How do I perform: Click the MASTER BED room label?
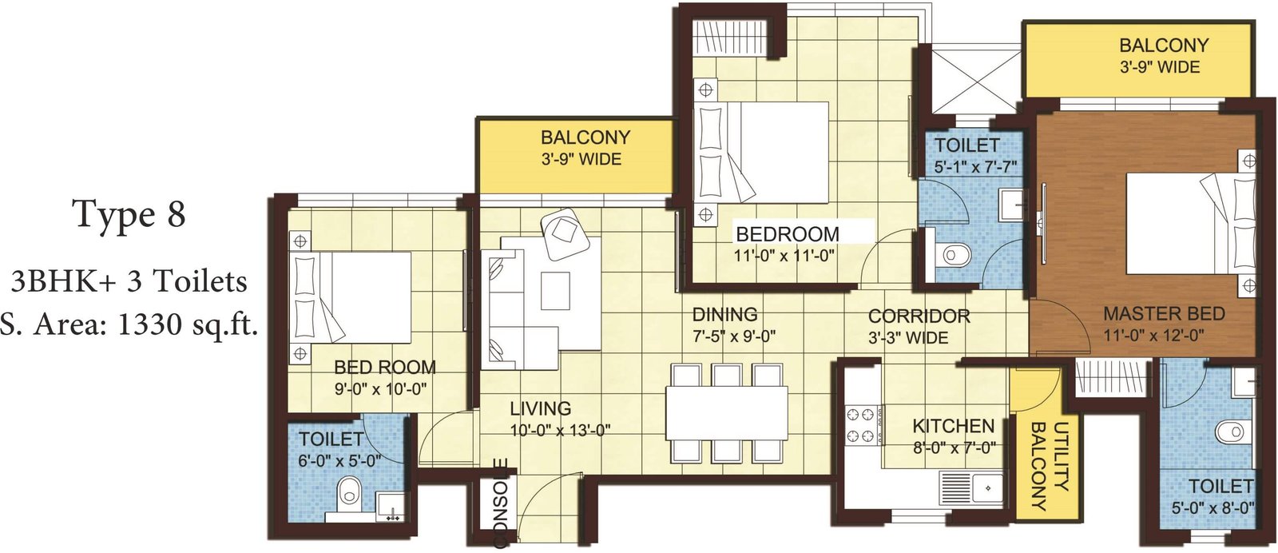[x=1164, y=313]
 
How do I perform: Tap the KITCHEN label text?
[x=954, y=426]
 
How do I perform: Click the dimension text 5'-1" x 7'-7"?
[x=975, y=167]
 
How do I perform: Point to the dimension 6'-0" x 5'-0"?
[x=339, y=460]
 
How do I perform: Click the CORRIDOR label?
[x=919, y=316]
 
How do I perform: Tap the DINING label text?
[x=724, y=314]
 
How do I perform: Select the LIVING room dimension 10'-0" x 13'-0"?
[x=560, y=430]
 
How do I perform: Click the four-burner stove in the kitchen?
[x=861, y=424]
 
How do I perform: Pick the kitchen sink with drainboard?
[x=971, y=488]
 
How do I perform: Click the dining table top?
[x=726, y=413]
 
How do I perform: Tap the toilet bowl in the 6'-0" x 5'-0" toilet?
[x=348, y=494]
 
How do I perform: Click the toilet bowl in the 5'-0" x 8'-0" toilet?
[x=1231, y=432]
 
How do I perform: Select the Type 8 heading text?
[x=129, y=214]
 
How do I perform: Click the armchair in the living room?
[x=566, y=235]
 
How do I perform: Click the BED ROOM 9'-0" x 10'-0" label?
[x=384, y=377]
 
